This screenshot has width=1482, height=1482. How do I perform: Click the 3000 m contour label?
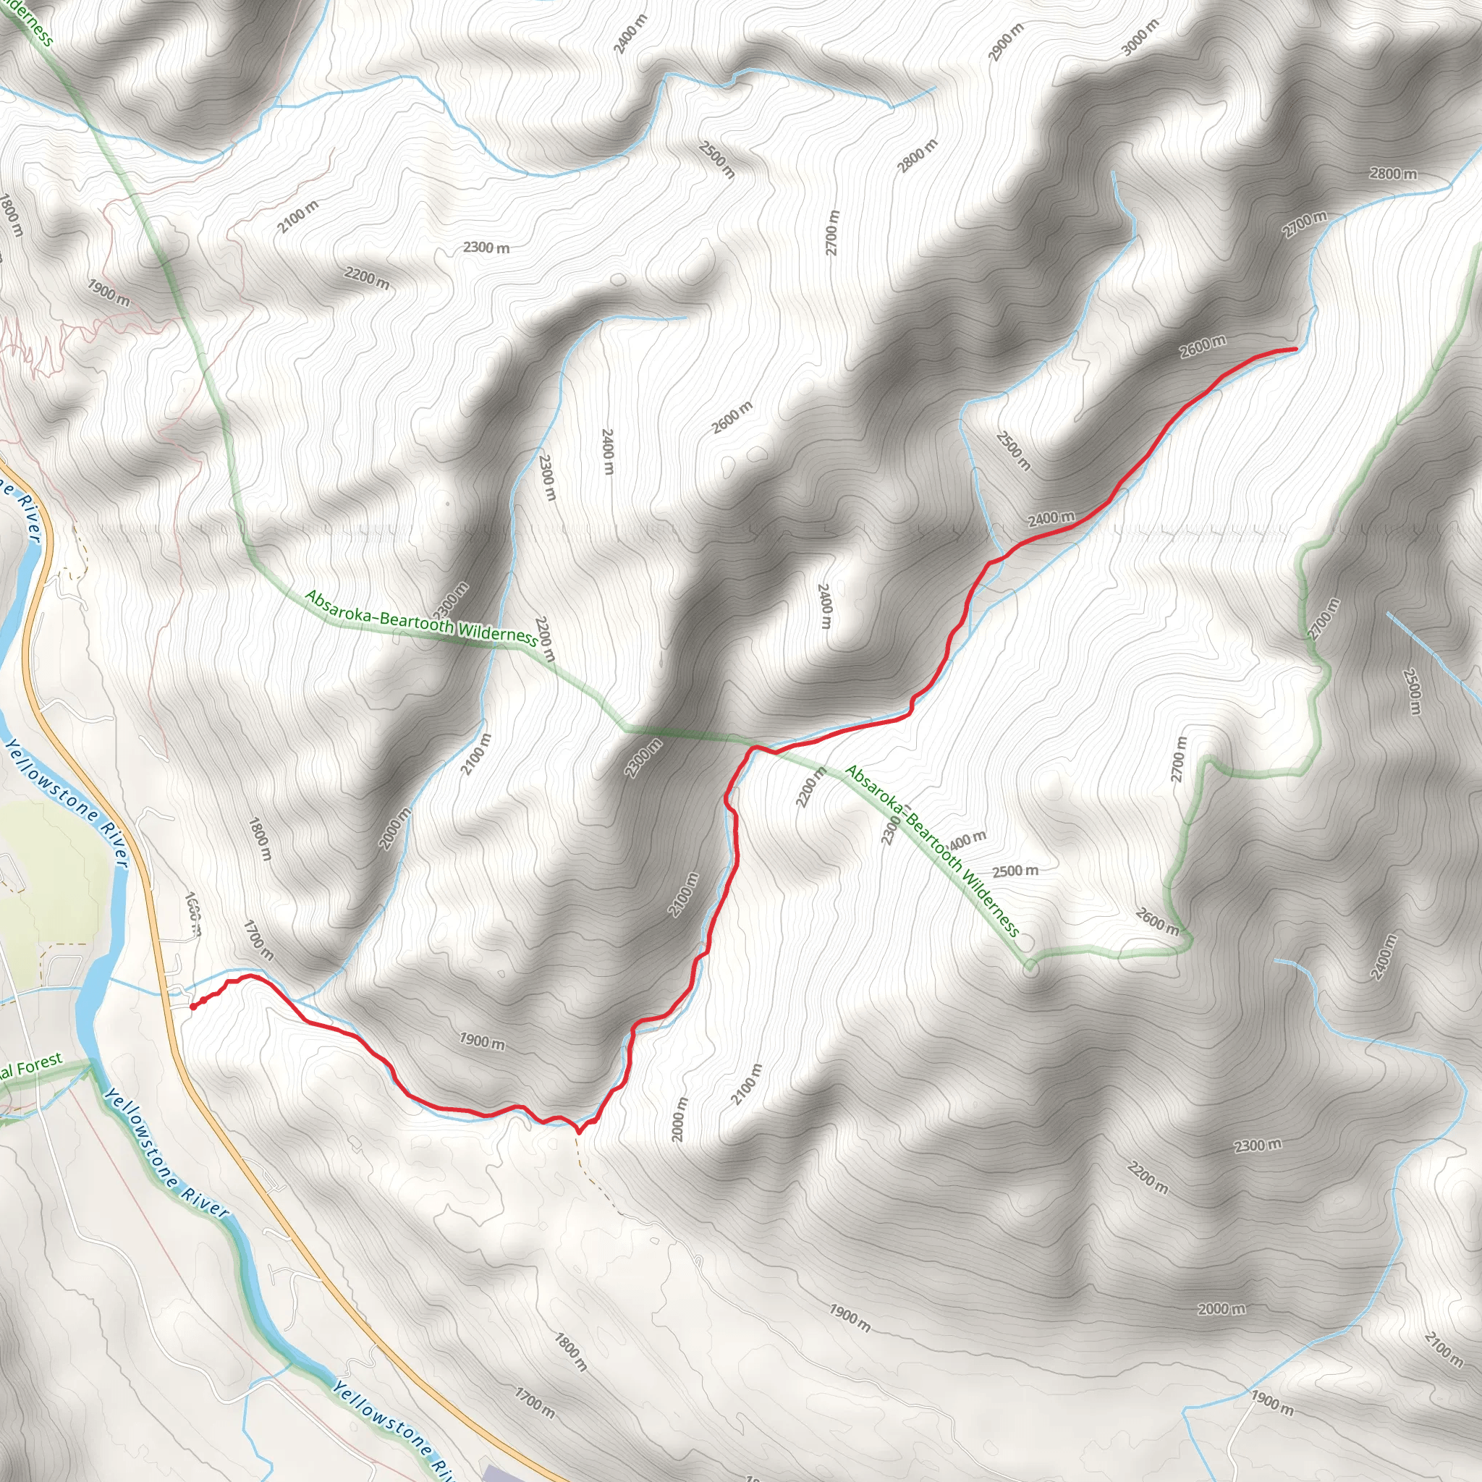click(1140, 36)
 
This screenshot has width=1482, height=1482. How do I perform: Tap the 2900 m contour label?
click(1007, 41)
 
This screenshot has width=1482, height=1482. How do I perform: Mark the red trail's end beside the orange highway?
click(191, 1007)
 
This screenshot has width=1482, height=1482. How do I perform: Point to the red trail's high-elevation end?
click(1295, 349)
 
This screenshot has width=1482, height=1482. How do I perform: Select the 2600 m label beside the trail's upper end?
click(1202, 347)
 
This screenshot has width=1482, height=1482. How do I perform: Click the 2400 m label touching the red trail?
click(1051, 519)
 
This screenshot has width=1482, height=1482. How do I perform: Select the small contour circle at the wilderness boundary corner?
click(1031, 970)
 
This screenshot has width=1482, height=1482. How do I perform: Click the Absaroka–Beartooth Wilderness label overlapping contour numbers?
click(931, 851)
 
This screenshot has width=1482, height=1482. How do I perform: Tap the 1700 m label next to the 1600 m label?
click(258, 940)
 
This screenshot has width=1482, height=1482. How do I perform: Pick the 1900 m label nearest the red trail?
click(482, 1041)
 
